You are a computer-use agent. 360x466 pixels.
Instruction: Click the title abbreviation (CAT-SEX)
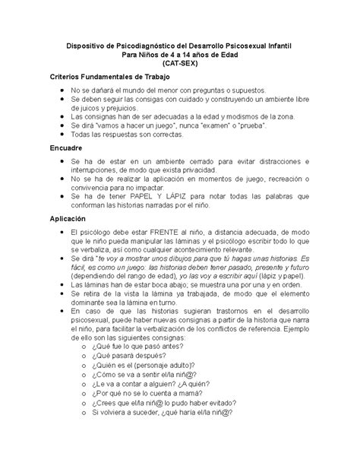tap(179, 66)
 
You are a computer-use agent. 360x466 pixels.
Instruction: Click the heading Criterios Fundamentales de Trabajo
tap(110, 78)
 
